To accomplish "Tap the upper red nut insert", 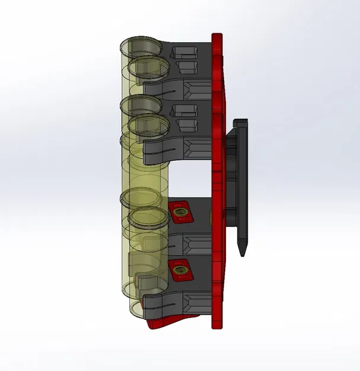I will pyautogui.click(x=180, y=211).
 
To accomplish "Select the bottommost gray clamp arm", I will pyautogui.click(x=163, y=302).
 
